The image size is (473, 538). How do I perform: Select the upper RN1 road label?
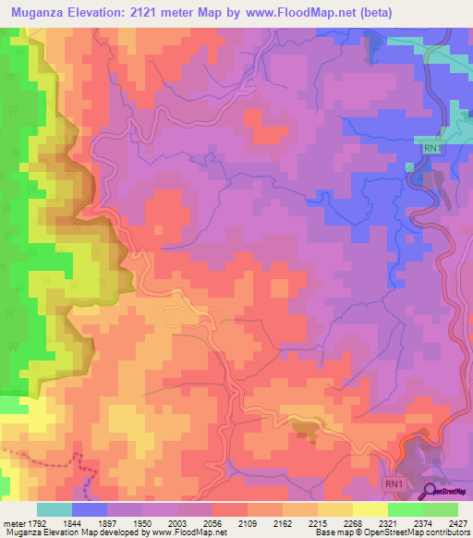(x=431, y=147)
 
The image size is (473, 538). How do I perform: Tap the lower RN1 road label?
(x=394, y=483)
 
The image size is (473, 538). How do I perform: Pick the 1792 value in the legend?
(x=38, y=523)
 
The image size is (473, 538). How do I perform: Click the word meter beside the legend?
(x=13, y=523)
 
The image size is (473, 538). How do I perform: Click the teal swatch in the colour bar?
(x=55, y=509)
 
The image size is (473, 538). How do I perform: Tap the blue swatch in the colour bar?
(x=90, y=509)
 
